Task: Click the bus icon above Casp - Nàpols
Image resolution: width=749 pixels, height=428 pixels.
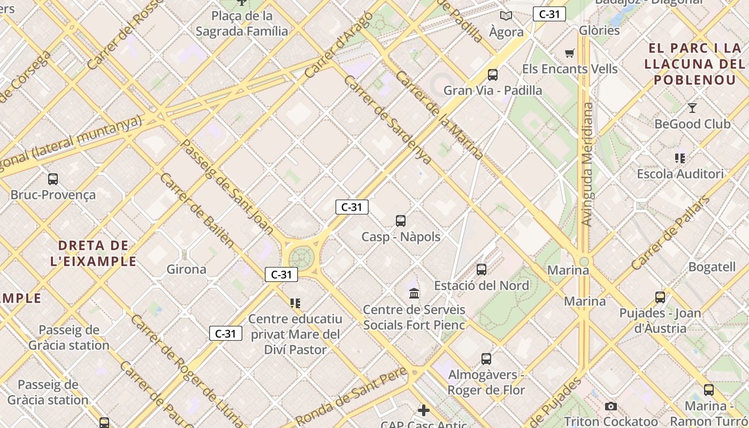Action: coord(401,220)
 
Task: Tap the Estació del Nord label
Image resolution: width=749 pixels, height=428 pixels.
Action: coord(481,285)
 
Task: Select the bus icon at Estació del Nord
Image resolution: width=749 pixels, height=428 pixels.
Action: coord(481,269)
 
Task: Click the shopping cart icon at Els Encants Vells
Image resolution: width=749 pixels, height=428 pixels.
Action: coord(570,53)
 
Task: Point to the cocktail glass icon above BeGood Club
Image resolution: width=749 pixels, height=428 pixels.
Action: coord(692,108)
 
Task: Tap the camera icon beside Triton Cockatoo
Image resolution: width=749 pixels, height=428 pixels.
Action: coord(610,407)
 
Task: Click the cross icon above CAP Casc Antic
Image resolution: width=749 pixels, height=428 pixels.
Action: coord(424,410)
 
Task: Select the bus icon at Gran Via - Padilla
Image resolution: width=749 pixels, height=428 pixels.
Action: coord(493,75)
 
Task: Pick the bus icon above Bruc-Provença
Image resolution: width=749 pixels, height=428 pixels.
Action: coord(53,179)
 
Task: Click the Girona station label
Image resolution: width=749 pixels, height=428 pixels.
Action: coord(186,269)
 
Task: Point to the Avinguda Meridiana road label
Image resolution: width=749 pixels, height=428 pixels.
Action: coord(587,164)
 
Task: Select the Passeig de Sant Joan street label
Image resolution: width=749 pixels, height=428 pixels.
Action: coord(227,187)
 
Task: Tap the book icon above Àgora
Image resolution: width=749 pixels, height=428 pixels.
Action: coord(506,16)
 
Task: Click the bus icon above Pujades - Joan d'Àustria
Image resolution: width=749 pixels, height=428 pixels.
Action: coord(660,297)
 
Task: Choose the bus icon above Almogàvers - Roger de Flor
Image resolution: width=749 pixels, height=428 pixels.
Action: coord(486,359)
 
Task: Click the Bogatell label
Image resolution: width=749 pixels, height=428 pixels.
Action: coord(712,266)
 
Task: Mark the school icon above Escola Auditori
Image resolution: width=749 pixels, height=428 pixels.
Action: coord(680,158)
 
